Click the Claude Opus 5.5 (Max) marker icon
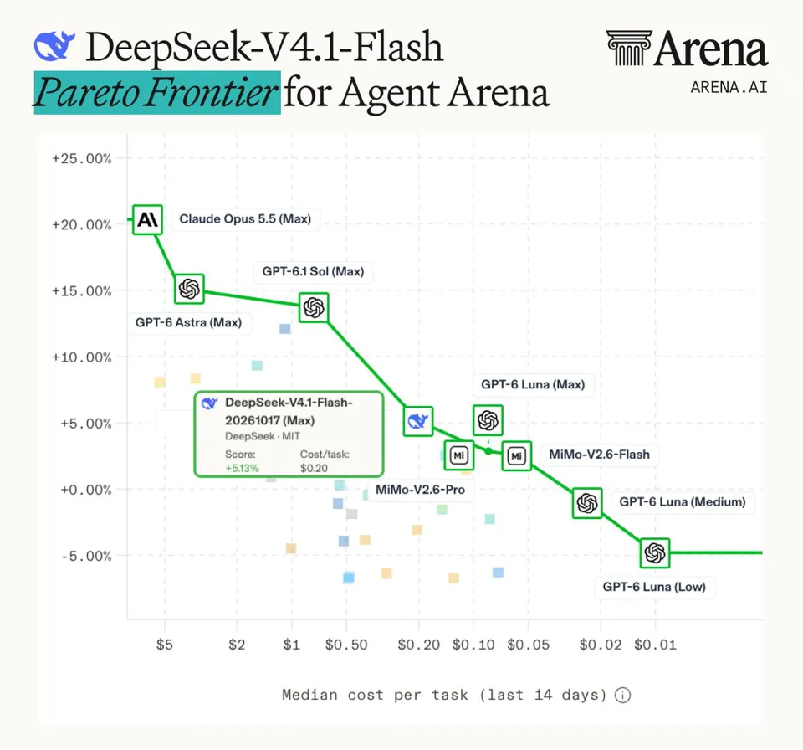[x=147, y=220]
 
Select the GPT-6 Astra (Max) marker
[x=189, y=289]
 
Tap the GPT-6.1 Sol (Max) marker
[x=314, y=307]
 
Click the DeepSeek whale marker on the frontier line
[x=418, y=421]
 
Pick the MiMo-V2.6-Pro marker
[x=459, y=455]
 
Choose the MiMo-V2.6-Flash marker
[x=516, y=455]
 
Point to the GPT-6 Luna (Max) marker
[x=488, y=420]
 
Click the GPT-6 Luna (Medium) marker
[x=587, y=503]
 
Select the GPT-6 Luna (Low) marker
[x=655, y=552]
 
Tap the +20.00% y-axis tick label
[x=81, y=225]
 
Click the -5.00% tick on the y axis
[x=86, y=556]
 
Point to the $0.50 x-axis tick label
[x=346, y=645]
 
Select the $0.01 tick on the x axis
[x=655, y=645]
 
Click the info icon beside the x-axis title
[x=622, y=695]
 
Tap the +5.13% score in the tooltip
[x=243, y=468]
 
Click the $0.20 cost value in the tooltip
[x=314, y=468]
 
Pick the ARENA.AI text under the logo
[x=729, y=88]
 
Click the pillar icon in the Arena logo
[x=629, y=48]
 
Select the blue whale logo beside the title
[x=54, y=46]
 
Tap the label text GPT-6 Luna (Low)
[x=654, y=587]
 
